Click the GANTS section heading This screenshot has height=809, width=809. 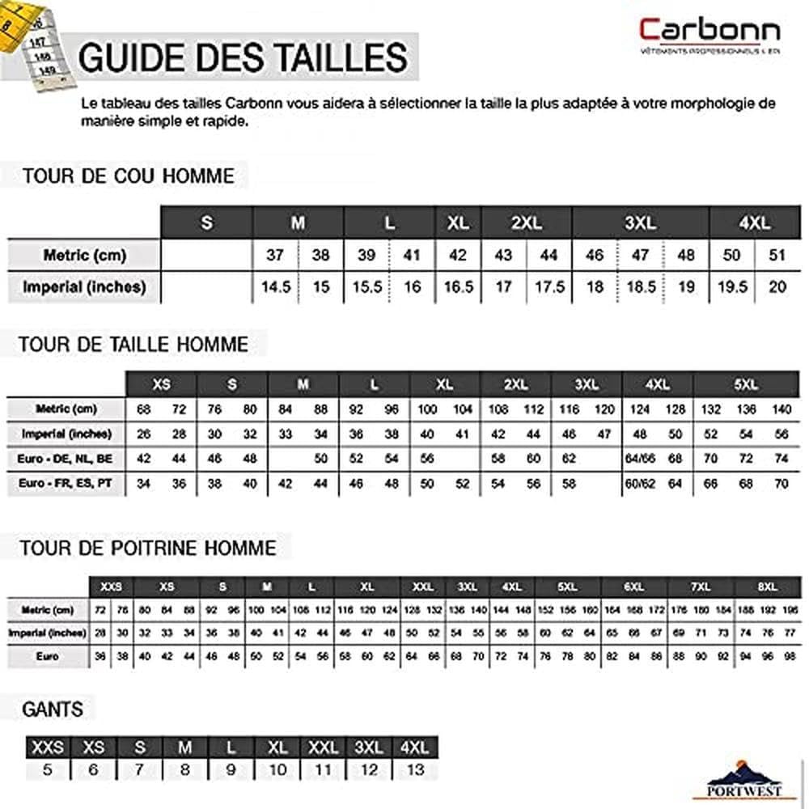53,709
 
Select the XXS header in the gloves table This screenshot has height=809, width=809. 47,747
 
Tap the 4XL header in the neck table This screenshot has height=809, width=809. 754,222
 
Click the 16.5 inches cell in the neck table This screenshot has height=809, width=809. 458,286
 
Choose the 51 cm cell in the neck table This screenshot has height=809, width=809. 777,255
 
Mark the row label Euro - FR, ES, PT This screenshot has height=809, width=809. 67,484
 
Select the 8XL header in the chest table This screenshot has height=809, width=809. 767,586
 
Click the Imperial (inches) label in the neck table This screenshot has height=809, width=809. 84,286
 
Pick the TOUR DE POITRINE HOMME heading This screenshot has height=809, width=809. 148,548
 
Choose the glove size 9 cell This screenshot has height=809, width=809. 231,769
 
